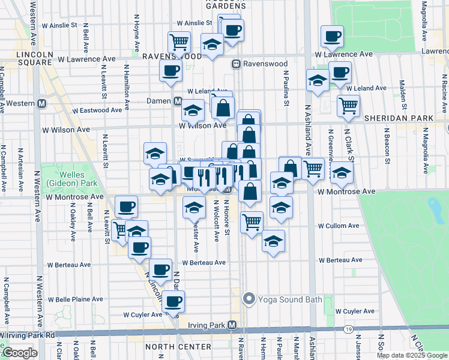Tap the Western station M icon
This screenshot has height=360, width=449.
42,103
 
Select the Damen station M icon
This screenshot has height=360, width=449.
178,101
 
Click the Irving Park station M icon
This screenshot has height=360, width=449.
232,325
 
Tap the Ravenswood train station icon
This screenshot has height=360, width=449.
237,64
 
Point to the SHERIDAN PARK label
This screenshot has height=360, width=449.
391,118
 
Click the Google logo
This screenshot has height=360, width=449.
20,353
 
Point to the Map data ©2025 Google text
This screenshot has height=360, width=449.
412,355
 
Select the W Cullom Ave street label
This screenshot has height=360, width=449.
339,226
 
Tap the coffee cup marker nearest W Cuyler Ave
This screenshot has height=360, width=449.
173,302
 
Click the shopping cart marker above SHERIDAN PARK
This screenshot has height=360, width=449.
348,106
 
